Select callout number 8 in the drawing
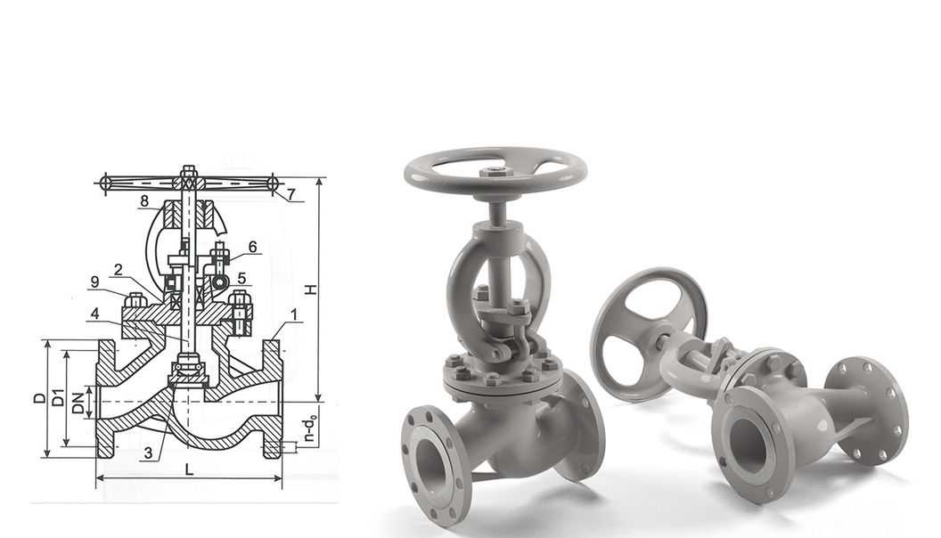143,202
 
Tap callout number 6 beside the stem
252,247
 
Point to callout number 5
241,278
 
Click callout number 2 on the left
118,269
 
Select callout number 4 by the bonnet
94,313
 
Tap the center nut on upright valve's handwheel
494,171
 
